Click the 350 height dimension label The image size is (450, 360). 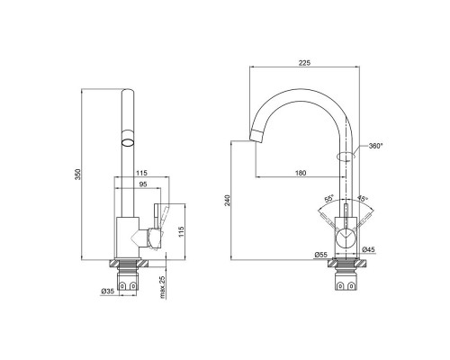click(78, 175)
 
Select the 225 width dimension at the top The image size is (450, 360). click(304, 63)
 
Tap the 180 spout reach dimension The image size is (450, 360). click(301, 173)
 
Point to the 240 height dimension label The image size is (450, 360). click(228, 200)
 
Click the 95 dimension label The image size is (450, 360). click(143, 184)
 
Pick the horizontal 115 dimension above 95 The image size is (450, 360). click(141, 173)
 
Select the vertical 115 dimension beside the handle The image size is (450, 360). click(181, 231)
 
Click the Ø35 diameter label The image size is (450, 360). click(108, 291)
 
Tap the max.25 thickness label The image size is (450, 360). click(162, 287)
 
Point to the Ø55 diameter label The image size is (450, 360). click(320, 255)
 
